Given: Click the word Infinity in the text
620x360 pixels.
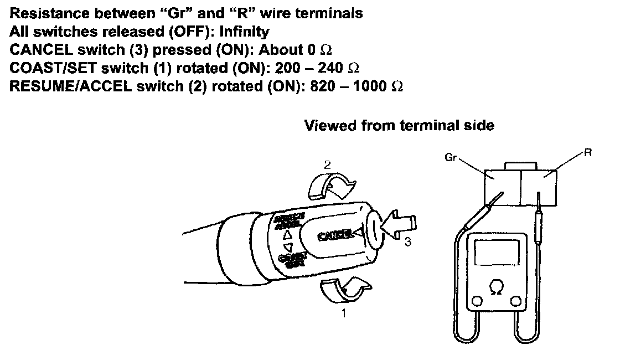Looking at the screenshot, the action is [244, 32].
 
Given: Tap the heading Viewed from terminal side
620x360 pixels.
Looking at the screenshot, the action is [399, 126].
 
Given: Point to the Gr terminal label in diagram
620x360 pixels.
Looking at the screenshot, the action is [449, 157].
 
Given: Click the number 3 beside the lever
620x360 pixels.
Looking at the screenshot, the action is [407, 243].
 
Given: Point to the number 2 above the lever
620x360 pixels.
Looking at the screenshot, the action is [327, 164].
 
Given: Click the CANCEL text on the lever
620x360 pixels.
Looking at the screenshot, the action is [335, 235].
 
